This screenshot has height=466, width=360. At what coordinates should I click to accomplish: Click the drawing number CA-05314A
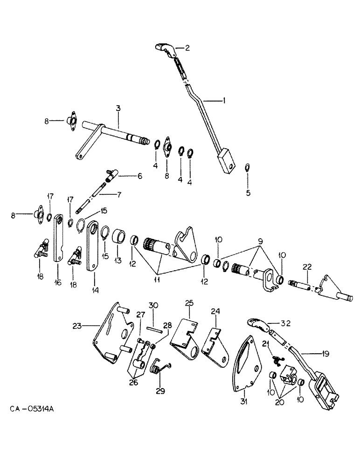(31, 409)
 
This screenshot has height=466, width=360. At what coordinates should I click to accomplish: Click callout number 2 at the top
(187, 48)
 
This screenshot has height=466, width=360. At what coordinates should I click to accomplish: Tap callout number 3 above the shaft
(118, 108)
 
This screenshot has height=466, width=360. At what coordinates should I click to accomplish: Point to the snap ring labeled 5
(248, 168)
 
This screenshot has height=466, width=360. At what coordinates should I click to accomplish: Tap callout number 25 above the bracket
(188, 303)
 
